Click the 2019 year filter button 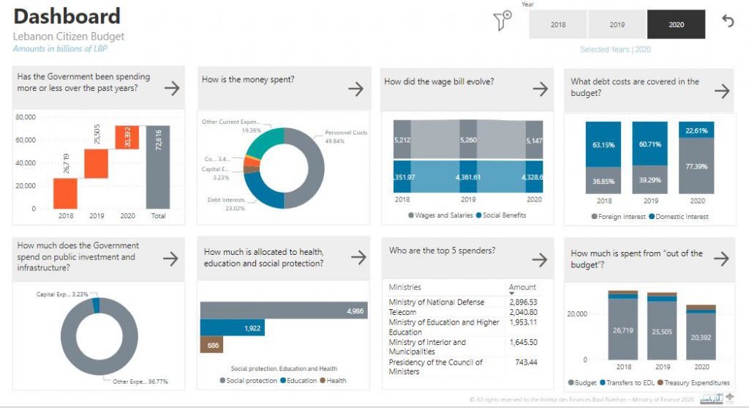click(617, 24)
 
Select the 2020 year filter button click(676, 24)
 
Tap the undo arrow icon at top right click(728, 21)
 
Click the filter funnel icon click(502, 22)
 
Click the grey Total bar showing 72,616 click(157, 167)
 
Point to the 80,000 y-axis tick click(26, 117)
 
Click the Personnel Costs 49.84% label click(345, 137)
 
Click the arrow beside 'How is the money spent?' click(355, 89)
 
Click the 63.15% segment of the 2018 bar click(604, 145)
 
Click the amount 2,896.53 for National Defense click(522, 302)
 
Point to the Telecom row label click(403, 312)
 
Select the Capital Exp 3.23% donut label click(62, 294)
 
